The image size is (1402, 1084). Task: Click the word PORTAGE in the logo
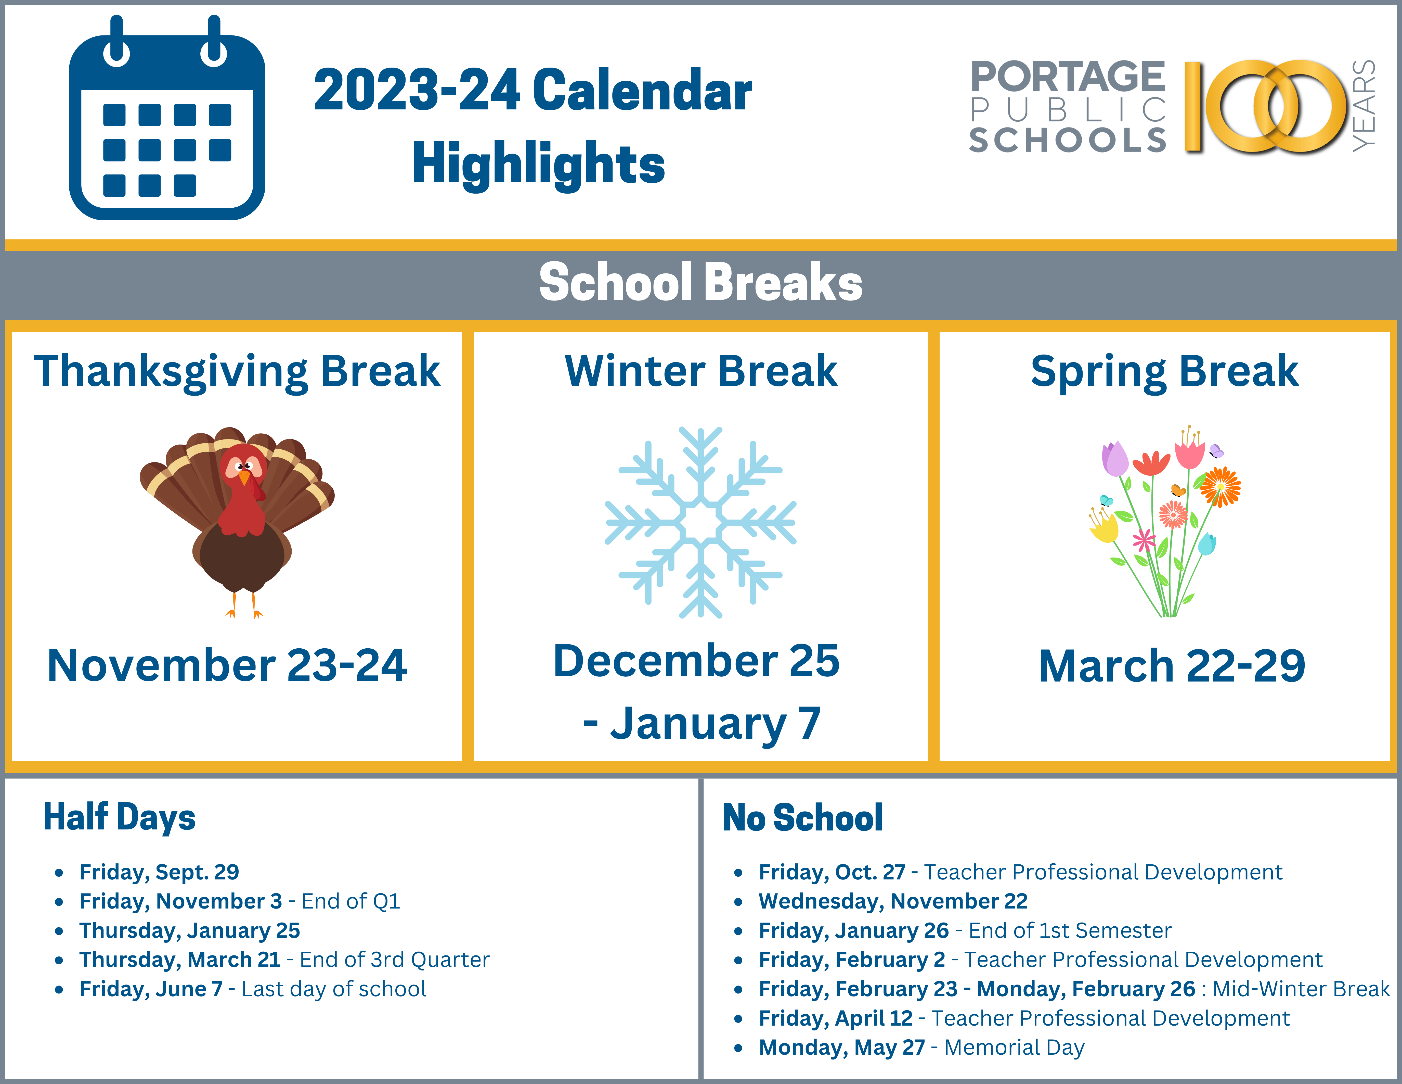pyautogui.click(x=1068, y=77)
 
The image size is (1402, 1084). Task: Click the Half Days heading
pyautogui.click(x=119, y=817)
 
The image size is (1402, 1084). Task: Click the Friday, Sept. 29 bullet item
pyautogui.click(x=159, y=872)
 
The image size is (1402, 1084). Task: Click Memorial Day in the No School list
pyautogui.click(x=1014, y=1047)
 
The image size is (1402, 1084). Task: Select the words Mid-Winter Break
pyautogui.click(x=1301, y=989)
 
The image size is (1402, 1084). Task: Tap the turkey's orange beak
pyautogui.click(x=244, y=478)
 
